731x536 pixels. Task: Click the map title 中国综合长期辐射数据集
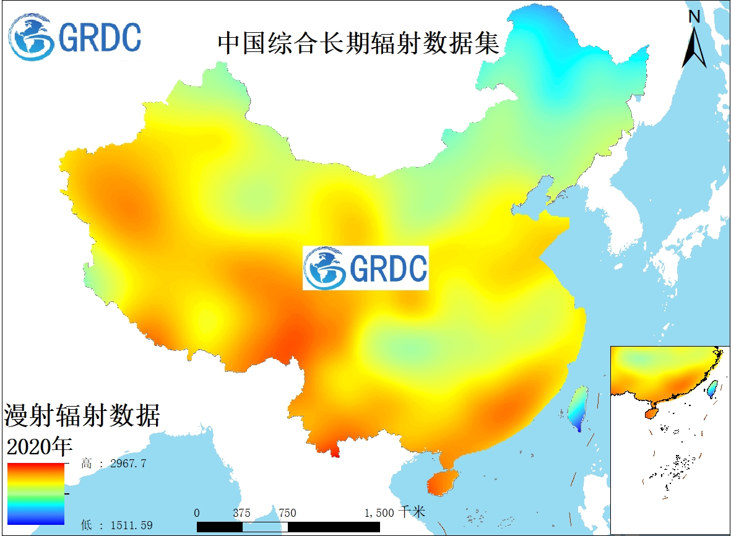pos(358,43)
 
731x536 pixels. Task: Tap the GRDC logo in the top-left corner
pos(75,37)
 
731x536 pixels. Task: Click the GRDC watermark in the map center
pos(365,268)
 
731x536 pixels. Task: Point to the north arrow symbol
pos(694,46)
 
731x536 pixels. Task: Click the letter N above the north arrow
pos(694,17)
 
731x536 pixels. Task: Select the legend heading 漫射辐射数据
pos(82,415)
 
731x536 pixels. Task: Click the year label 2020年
pos(40,446)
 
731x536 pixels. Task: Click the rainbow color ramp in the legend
pos(36,494)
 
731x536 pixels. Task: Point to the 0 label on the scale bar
pos(197,513)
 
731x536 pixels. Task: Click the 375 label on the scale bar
pos(242,513)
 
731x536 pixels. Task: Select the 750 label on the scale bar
pos(287,513)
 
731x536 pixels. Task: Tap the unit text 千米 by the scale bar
pos(412,512)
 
